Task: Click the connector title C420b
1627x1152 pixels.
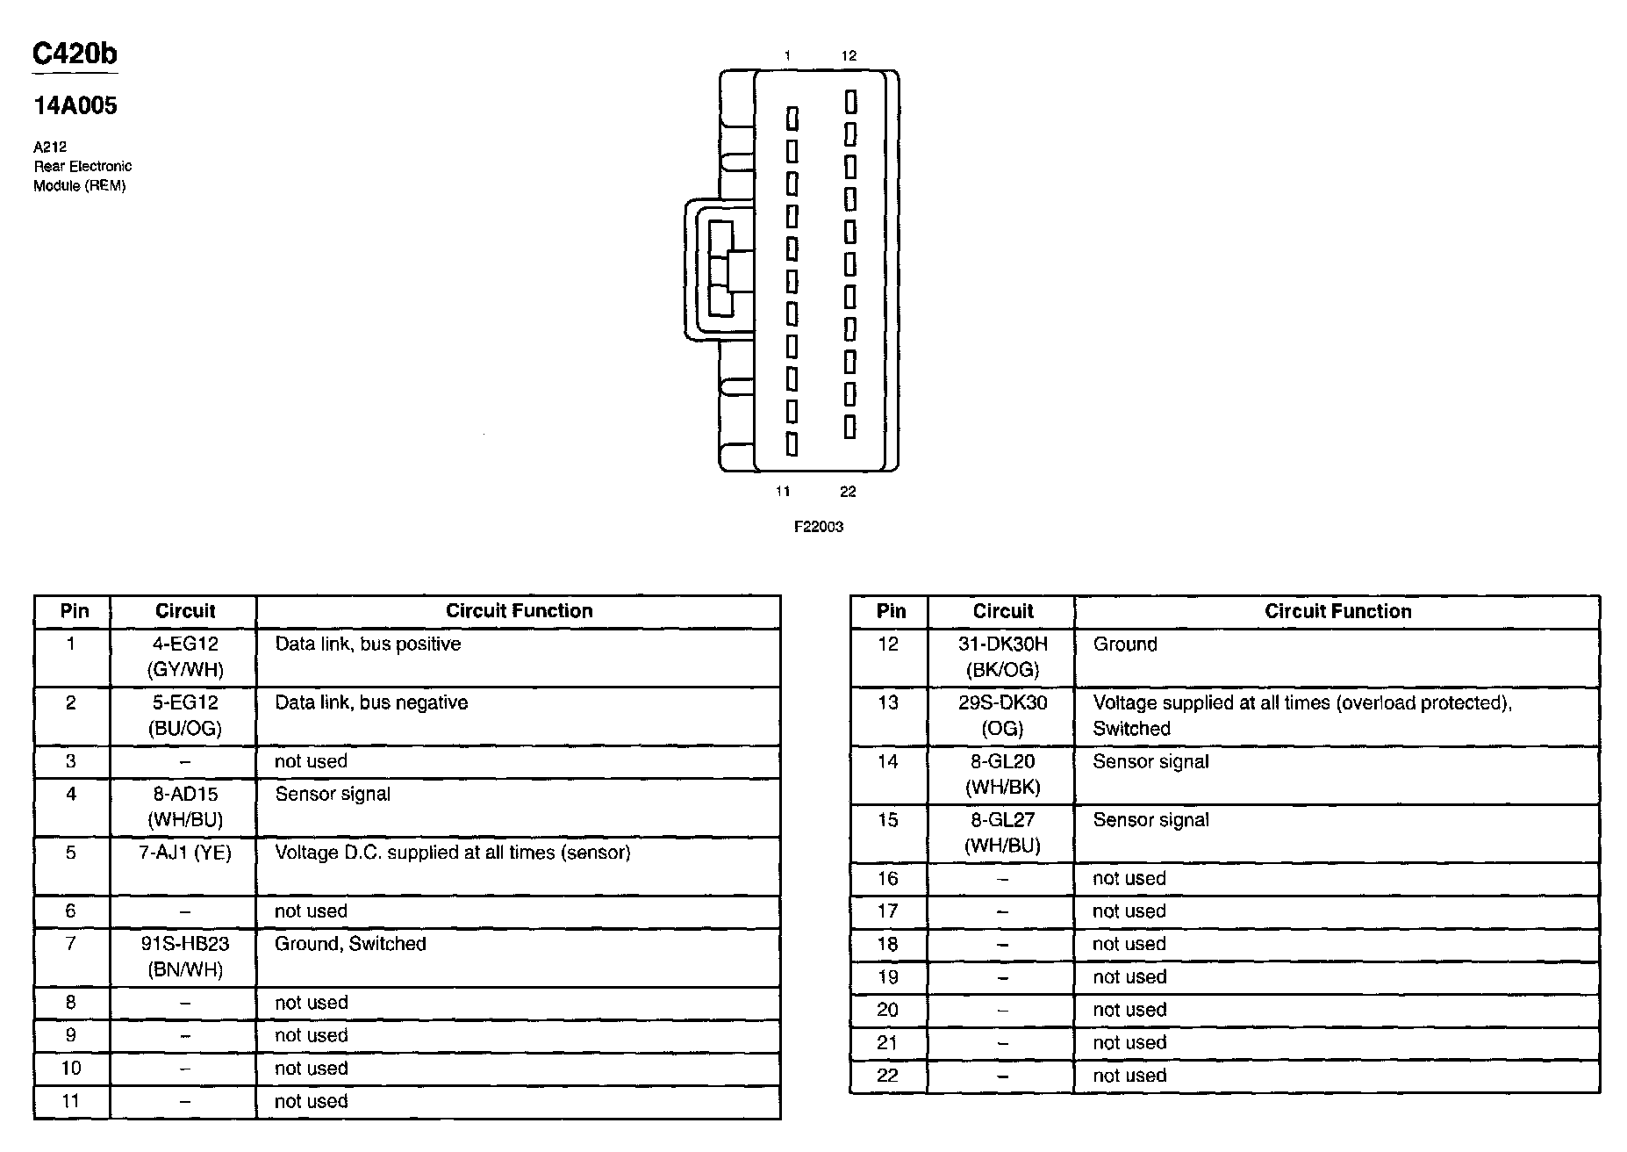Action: (x=75, y=54)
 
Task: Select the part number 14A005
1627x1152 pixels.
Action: (x=75, y=106)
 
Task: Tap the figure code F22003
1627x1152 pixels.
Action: (x=818, y=527)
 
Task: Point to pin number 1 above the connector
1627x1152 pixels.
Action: (x=787, y=56)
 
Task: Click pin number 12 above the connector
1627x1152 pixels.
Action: (x=849, y=56)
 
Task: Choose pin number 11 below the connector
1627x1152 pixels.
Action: (x=783, y=492)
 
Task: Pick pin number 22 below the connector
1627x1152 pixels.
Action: (x=848, y=492)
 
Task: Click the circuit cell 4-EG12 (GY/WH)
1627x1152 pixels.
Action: (x=184, y=657)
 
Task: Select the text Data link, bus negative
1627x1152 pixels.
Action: (x=371, y=702)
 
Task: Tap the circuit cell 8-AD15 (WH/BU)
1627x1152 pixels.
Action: (x=184, y=807)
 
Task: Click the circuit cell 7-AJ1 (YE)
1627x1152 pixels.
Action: (x=184, y=853)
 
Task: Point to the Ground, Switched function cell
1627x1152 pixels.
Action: (x=350, y=944)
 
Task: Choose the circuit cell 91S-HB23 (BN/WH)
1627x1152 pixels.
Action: (x=184, y=956)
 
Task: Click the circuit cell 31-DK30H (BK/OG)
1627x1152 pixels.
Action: (x=1002, y=657)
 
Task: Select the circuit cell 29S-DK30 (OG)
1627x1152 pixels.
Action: (x=1002, y=716)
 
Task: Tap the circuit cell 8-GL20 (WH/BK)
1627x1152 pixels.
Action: (x=1002, y=774)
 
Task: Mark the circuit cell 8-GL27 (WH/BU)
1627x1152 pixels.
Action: (x=1002, y=832)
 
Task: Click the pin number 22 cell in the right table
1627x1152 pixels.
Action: (x=888, y=1076)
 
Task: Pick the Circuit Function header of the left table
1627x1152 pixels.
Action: (x=519, y=611)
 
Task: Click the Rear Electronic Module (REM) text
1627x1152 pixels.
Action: (x=82, y=176)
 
